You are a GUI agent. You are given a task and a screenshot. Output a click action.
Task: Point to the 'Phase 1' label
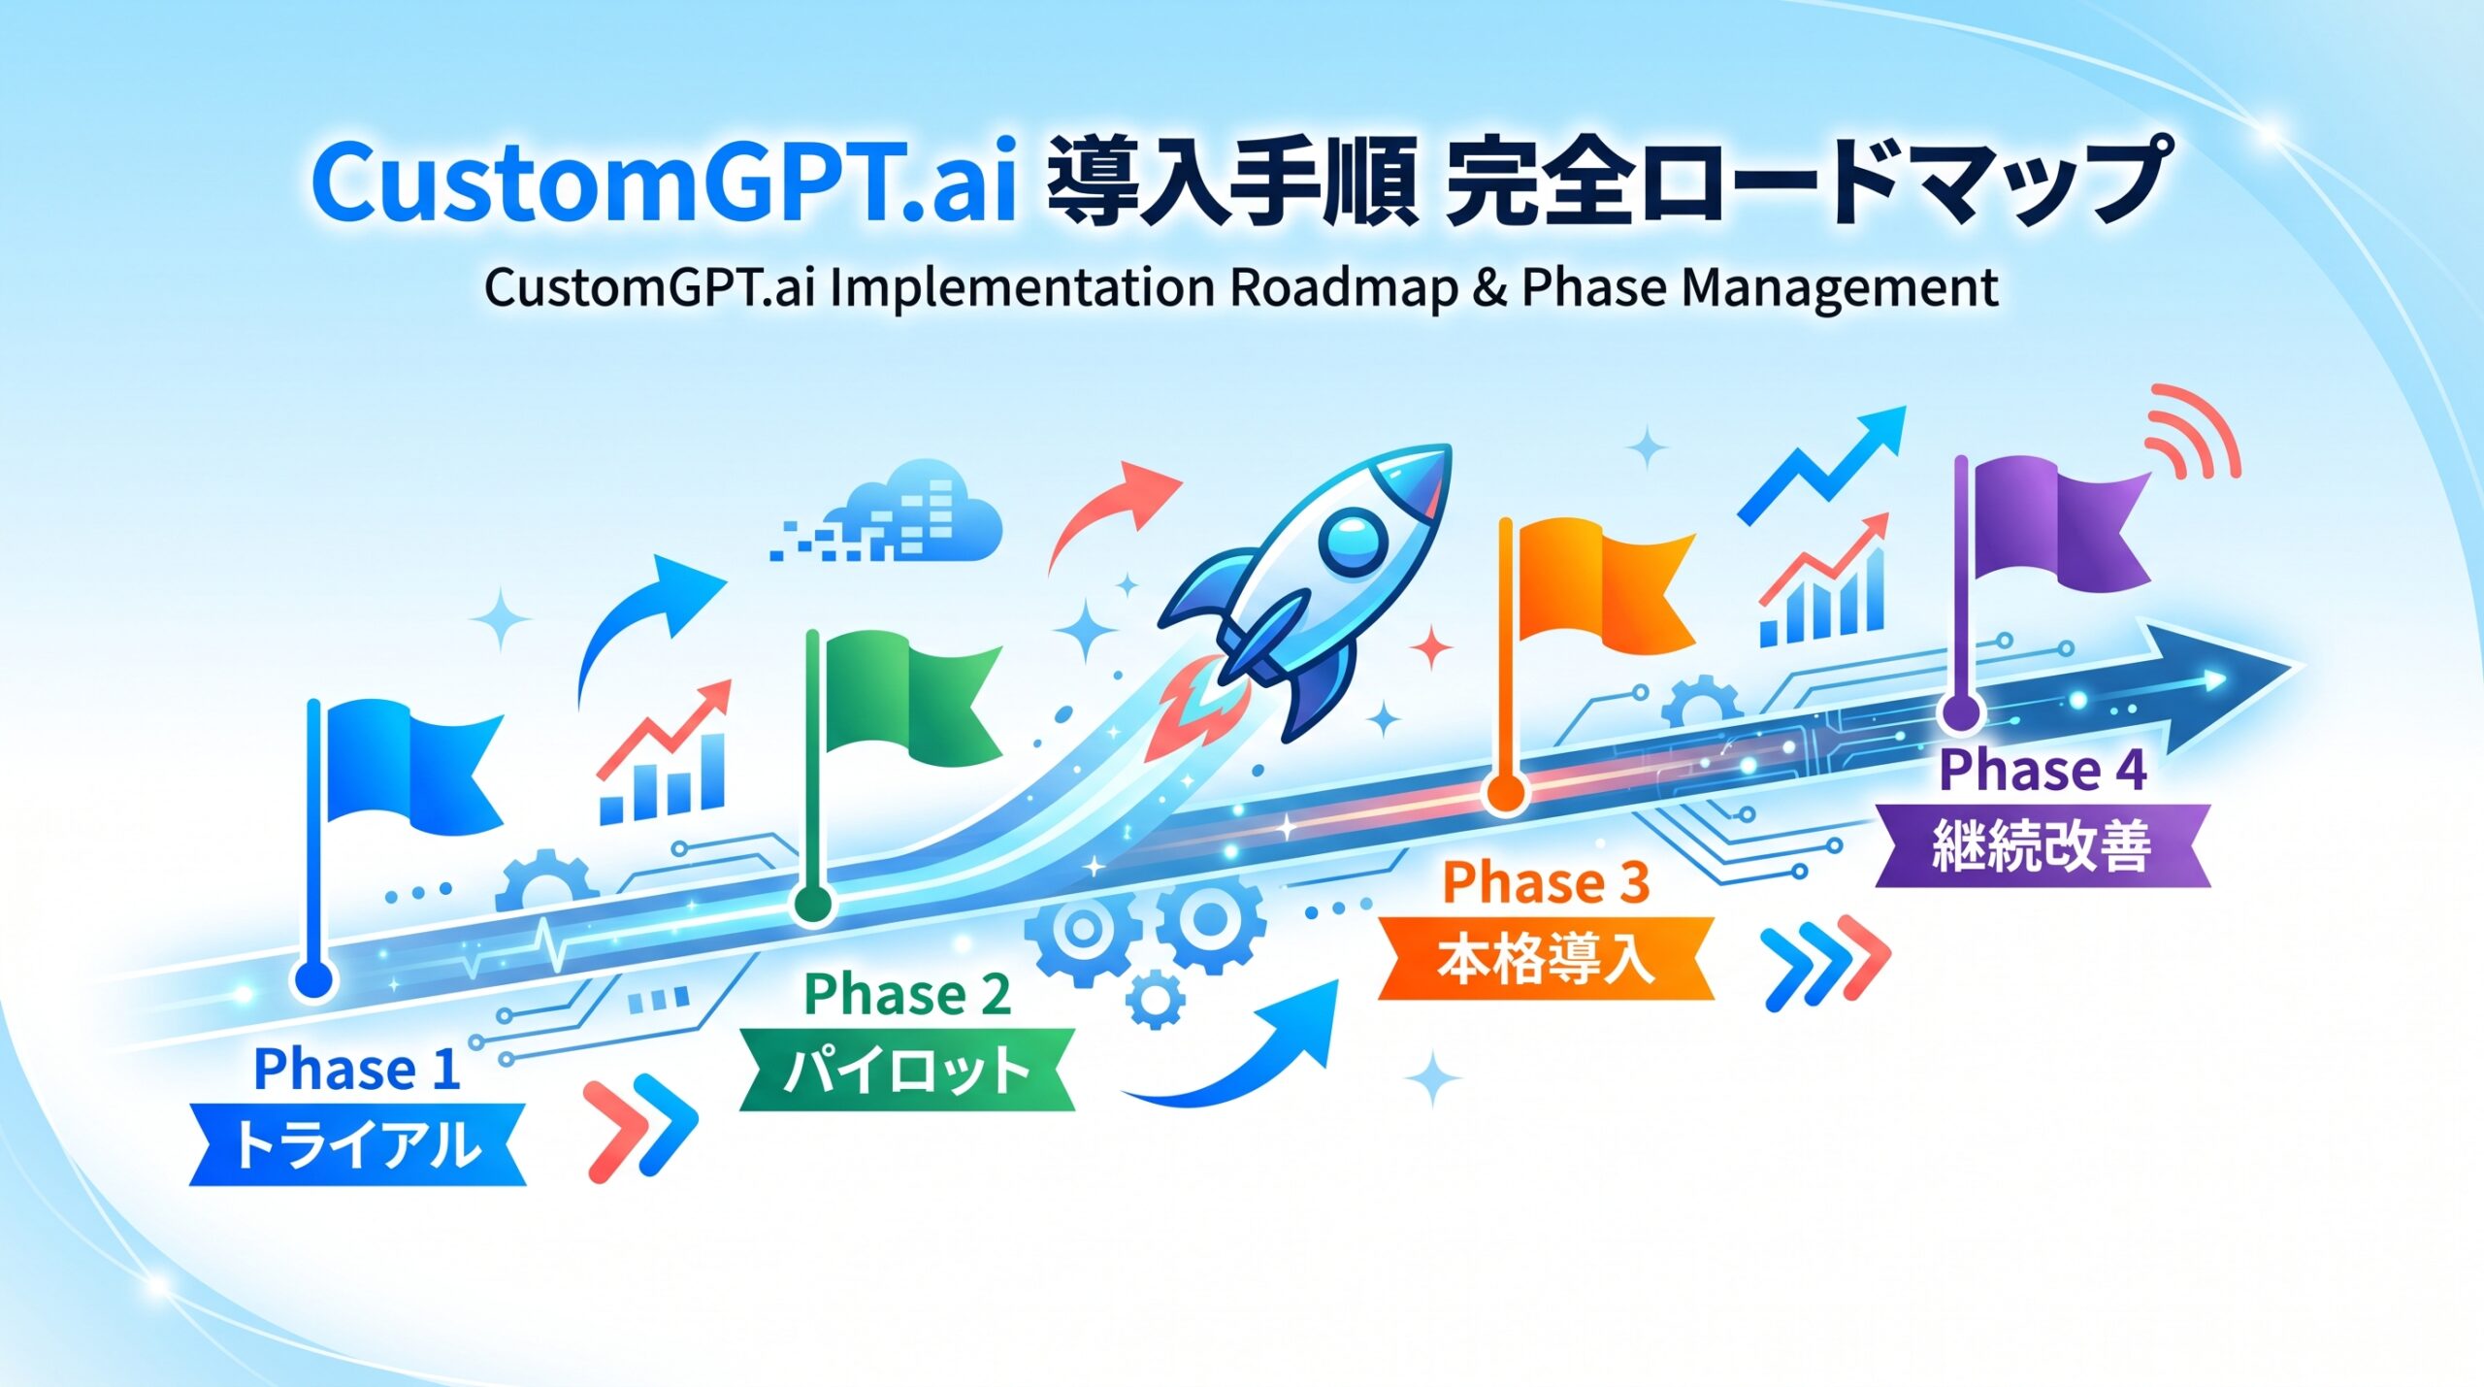pyautogui.click(x=357, y=1070)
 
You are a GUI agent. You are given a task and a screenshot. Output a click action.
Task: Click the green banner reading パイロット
pyautogui.click(x=907, y=1070)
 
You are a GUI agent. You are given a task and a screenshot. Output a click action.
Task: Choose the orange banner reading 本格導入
pyautogui.click(x=1547, y=959)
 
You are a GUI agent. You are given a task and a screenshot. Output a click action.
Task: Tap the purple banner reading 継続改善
pyautogui.click(x=2043, y=845)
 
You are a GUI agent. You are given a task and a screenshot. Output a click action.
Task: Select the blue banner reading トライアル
pyautogui.click(x=357, y=1144)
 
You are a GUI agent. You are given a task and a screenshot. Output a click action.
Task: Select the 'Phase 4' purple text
pyautogui.click(x=2043, y=771)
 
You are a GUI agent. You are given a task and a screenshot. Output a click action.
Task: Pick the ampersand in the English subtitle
pyautogui.click(x=1489, y=287)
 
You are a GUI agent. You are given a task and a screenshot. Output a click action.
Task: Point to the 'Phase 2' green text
pyautogui.click(x=907, y=995)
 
